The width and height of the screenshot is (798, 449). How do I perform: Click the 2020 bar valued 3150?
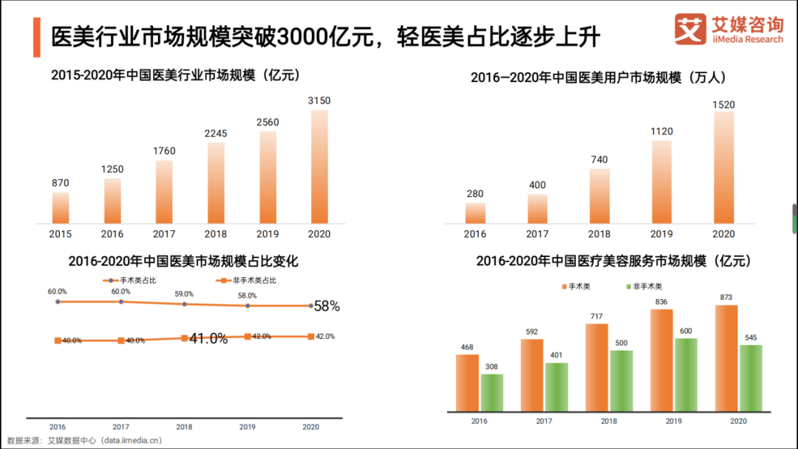(319, 167)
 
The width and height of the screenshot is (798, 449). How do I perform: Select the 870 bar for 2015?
(61, 208)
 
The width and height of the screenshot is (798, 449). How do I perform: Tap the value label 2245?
(216, 134)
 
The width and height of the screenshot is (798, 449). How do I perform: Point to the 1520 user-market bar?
(724, 167)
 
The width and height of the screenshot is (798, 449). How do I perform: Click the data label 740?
(599, 160)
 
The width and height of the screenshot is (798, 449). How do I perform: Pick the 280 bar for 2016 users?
(475, 213)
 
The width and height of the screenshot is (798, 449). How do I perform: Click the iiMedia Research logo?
(729, 29)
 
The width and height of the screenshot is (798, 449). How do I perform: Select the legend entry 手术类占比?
(130, 281)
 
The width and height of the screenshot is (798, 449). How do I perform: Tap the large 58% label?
(327, 306)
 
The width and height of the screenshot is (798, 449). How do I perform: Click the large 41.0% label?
(208, 339)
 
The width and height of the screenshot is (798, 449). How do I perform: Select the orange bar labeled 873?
(726, 357)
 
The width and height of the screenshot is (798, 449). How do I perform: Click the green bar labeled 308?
(491, 392)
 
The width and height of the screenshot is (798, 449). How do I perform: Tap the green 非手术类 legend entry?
(644, 287)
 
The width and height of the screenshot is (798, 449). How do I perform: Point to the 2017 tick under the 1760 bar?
(164, 234)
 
